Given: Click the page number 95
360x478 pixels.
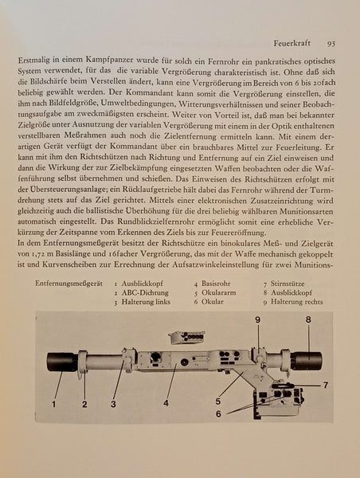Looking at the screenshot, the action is pos(331,44).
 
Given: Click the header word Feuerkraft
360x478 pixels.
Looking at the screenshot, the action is pos(292,43).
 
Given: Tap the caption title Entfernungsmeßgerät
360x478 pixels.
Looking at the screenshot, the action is pos(68,284).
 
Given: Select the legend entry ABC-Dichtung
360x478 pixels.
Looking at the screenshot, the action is pos(145,292).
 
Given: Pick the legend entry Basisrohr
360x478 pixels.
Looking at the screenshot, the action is pos(216,284).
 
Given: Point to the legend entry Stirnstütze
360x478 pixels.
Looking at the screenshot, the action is pos(288,284).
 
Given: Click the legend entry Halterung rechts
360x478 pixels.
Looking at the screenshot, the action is pos(296,302).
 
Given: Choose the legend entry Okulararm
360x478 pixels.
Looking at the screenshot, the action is pos(218,292).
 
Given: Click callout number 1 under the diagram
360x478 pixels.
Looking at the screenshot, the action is pos(54,404).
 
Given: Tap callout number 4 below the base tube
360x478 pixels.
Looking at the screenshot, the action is pos(166,404).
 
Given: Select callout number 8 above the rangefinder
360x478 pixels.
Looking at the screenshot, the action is pos(308,319).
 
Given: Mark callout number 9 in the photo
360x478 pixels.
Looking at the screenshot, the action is pos(257,319).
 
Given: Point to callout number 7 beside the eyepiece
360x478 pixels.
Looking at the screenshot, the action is pos(326,386).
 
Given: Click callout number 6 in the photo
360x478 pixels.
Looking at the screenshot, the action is pos(218,413).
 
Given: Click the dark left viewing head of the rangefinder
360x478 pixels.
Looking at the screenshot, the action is pos(62,362).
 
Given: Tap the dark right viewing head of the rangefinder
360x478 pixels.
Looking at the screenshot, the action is pos(306,361).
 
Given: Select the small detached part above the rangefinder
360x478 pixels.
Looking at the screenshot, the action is pos(186,338).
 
